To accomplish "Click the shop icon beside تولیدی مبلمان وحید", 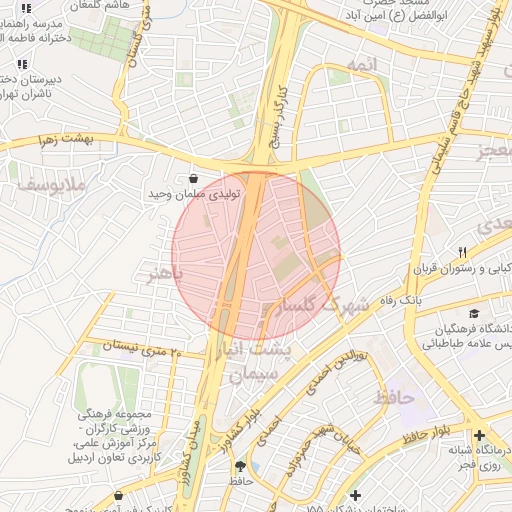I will click(192, 178).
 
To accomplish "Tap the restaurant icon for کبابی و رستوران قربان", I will click(462, 252).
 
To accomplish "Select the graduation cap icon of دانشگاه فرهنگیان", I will click(474, 313).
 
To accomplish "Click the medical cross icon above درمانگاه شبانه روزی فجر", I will click(481, 436).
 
